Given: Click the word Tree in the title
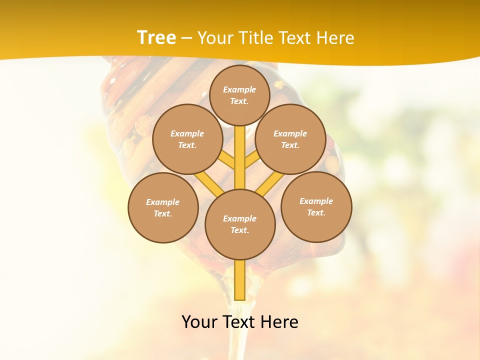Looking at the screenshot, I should click(156, 37).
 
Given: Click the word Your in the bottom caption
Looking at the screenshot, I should click(199, 322).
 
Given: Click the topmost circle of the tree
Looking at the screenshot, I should click(239, 95).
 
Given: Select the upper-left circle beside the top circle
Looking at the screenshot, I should click(187, 139).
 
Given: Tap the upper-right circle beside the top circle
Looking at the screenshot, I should click(290, 139).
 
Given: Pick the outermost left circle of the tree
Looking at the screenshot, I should click(163, 207).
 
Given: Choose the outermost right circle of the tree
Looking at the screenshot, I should click(316, 206).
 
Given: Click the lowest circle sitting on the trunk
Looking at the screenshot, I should click(240, 224).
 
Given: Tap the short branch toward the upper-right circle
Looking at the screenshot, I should click(251, 160).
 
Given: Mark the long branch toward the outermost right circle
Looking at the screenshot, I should click(270, 183).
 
